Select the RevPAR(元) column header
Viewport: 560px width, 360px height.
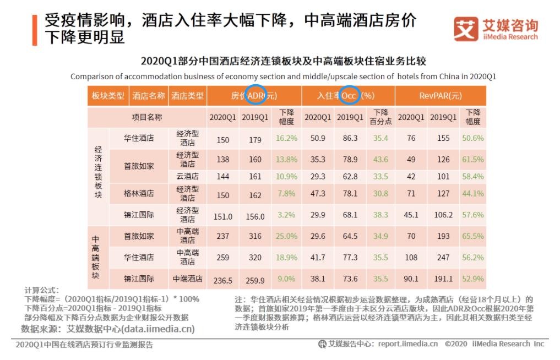pos(441,96)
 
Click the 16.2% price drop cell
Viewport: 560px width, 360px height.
pos(287,139)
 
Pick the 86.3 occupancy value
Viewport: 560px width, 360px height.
pos(350,139)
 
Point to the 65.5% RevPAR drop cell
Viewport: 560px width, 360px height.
pos(473,237)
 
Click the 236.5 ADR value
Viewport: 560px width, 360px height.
pos(222,280)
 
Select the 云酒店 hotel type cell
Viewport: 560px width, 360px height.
pos(187,177)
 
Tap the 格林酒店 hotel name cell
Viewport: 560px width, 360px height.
pos(139,194)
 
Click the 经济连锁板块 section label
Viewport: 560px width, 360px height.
pos(99,176)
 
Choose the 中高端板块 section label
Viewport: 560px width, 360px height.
pos(96,257)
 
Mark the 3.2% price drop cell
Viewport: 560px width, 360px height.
pos(287,215)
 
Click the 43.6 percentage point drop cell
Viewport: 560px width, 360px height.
pos(380,160)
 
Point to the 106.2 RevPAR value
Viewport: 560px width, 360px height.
pos(443,215)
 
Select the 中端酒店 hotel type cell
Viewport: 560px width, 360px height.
pos(187,279)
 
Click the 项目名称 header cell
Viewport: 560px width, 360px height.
pos(146,117)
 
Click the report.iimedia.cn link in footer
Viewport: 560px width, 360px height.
pos(408,344)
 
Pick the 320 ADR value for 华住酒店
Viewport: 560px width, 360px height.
pos(255,258)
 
